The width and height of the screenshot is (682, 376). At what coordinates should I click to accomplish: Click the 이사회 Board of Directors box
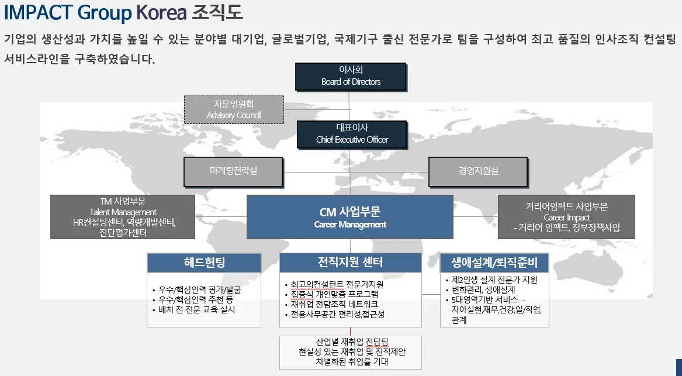[351, 76]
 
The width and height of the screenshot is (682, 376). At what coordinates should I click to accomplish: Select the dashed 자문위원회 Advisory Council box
[234, 109]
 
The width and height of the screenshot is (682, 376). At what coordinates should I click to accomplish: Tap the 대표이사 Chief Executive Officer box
[352, 133]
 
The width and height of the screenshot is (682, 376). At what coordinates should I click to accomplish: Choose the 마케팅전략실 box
[233, 171]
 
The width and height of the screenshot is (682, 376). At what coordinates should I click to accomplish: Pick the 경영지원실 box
[479, 171]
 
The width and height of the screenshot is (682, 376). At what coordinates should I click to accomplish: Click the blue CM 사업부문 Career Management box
[349, 217]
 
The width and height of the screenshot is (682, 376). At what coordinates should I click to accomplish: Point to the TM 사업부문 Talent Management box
[123, 217]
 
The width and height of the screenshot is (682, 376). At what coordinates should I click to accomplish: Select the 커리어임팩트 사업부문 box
[566, 217]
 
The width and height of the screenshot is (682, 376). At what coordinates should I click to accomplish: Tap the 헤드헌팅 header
[204, 262]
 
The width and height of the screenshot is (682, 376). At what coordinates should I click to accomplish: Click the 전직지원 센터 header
[350, 262]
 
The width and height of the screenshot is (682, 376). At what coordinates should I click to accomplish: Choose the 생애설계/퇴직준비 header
[494, 262]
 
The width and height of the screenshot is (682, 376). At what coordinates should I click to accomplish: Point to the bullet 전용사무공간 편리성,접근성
[337, 314]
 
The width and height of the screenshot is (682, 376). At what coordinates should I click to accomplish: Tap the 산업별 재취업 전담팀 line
[351, 341]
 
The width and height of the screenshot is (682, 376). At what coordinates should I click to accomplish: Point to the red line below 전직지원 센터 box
[350, 331]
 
